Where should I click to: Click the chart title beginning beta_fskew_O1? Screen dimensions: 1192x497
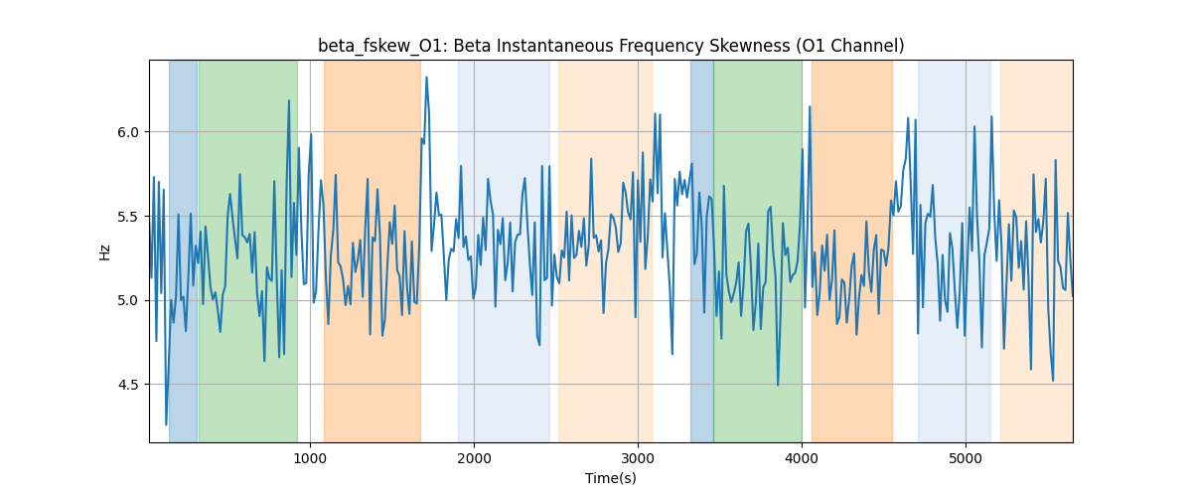611,46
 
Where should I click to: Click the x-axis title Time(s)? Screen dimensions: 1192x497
611,478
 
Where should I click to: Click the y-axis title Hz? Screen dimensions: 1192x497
104,251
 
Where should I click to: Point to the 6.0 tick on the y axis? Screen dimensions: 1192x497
128,132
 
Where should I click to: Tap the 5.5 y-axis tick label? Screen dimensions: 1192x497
128,217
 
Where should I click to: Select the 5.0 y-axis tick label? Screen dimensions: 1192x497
128,300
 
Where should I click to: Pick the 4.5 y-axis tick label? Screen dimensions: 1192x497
128,385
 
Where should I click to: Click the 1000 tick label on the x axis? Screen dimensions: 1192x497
310,458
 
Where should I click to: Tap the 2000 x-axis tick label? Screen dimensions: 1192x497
474,458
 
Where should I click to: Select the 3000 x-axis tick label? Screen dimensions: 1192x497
638,458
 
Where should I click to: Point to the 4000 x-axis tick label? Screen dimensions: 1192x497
802,458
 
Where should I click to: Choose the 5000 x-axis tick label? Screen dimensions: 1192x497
966,458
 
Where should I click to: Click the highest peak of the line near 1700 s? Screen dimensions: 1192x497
426,78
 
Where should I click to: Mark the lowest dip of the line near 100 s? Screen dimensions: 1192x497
166,424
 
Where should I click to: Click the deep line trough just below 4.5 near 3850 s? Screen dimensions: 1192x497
778,385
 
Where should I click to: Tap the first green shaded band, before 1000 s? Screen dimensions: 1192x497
248,250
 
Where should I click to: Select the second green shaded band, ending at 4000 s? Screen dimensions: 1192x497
758,250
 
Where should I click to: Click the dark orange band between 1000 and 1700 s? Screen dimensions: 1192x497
372,250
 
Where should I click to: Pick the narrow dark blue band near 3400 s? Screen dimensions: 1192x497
702,250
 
